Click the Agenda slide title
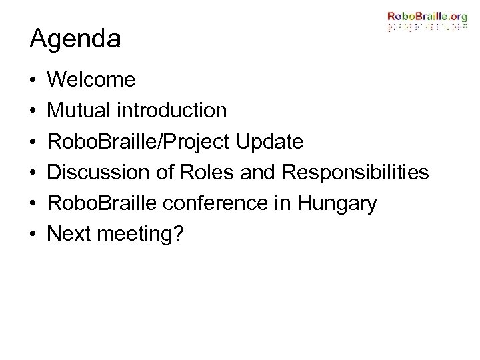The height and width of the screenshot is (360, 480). click(x=75, y=39)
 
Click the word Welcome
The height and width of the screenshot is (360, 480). click(x=92, y=81)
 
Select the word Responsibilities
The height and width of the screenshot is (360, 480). click(x=354, y=173)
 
